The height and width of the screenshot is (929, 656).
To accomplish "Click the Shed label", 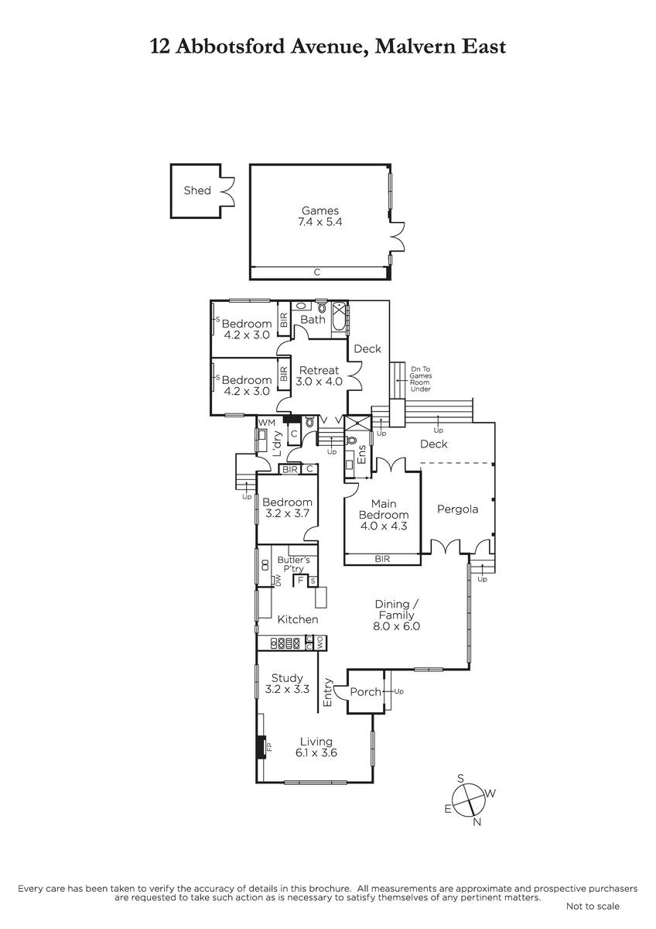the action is (197, 190).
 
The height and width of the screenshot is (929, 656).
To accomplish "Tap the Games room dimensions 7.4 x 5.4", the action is (320, 222).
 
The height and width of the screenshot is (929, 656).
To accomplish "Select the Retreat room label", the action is (319, 370).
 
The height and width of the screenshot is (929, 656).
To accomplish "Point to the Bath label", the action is (313, 319).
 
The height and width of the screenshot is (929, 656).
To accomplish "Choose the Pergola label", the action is (457, 509).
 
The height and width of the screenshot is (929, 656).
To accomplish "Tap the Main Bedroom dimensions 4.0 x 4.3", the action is (384, 526).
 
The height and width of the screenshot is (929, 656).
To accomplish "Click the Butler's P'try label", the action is (293, 564).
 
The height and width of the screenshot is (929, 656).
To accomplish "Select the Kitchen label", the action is (298, 619).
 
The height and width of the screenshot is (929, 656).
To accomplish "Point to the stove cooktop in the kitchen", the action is (285, 643).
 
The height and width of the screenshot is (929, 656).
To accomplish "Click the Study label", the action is (287, 678).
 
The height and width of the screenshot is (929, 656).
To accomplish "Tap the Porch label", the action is (365, 692).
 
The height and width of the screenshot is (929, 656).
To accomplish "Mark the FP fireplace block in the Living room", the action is (261, 747).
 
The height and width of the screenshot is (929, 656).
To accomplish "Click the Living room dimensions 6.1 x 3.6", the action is (316, 752).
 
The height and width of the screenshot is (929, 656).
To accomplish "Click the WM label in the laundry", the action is (266, 423).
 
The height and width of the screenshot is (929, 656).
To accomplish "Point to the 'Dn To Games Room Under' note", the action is (420, 379).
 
